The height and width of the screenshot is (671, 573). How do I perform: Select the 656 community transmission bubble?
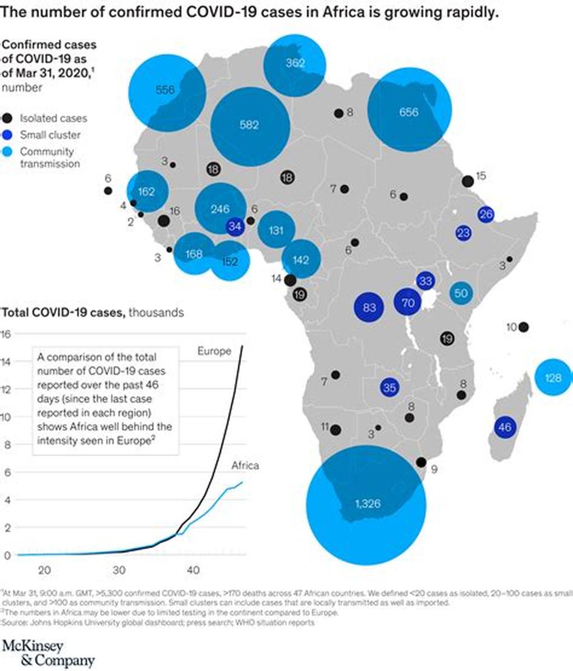pos(409,111)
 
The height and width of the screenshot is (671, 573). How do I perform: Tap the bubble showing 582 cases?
pos(250,125)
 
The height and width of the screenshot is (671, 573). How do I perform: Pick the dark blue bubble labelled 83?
pos(369,307)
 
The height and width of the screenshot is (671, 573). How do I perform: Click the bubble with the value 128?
pos(553,378)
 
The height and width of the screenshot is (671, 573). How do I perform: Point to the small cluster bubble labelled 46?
pos(505,428)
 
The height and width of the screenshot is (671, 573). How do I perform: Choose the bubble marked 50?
pos(461,293)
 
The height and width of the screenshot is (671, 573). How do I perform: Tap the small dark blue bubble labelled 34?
pos(235,227)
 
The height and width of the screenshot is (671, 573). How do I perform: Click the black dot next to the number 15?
pos(468,181)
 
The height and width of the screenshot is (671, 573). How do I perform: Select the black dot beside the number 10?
pos(524,327)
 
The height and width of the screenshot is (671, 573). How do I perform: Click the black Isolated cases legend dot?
pos(7,118)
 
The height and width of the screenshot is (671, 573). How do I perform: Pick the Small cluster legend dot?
pos(7,135)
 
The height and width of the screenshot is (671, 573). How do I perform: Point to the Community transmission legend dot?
pos(7,152)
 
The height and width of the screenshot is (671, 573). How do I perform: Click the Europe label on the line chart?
pos(214,351)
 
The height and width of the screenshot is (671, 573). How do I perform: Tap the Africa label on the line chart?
pos(245,466)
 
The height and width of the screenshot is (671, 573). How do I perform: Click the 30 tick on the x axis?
pos(119,570)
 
